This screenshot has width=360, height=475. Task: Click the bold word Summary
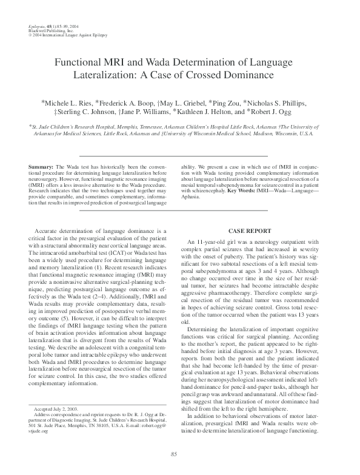(x=41, y=166)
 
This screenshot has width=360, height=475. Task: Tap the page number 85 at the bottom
(x=173, y=454)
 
